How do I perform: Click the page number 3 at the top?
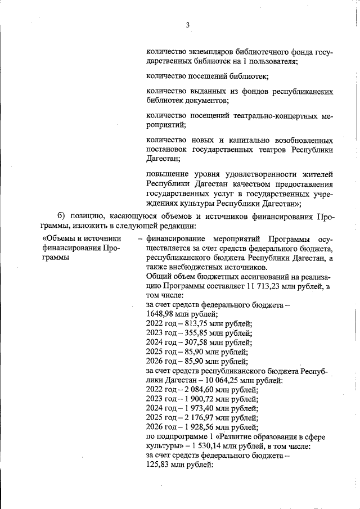[x=188, y=24]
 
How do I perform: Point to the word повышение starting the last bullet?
[x=166, y=175]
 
